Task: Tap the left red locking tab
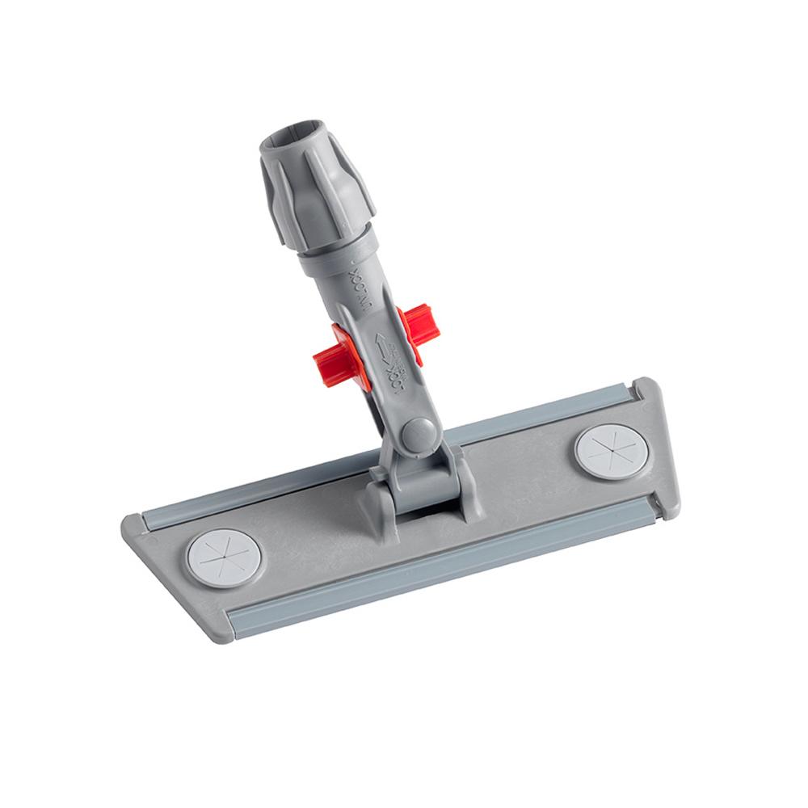(344, 356)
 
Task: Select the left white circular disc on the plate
(223, 557)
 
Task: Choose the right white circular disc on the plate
(611, 451)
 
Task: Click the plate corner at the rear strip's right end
(646, 389)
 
